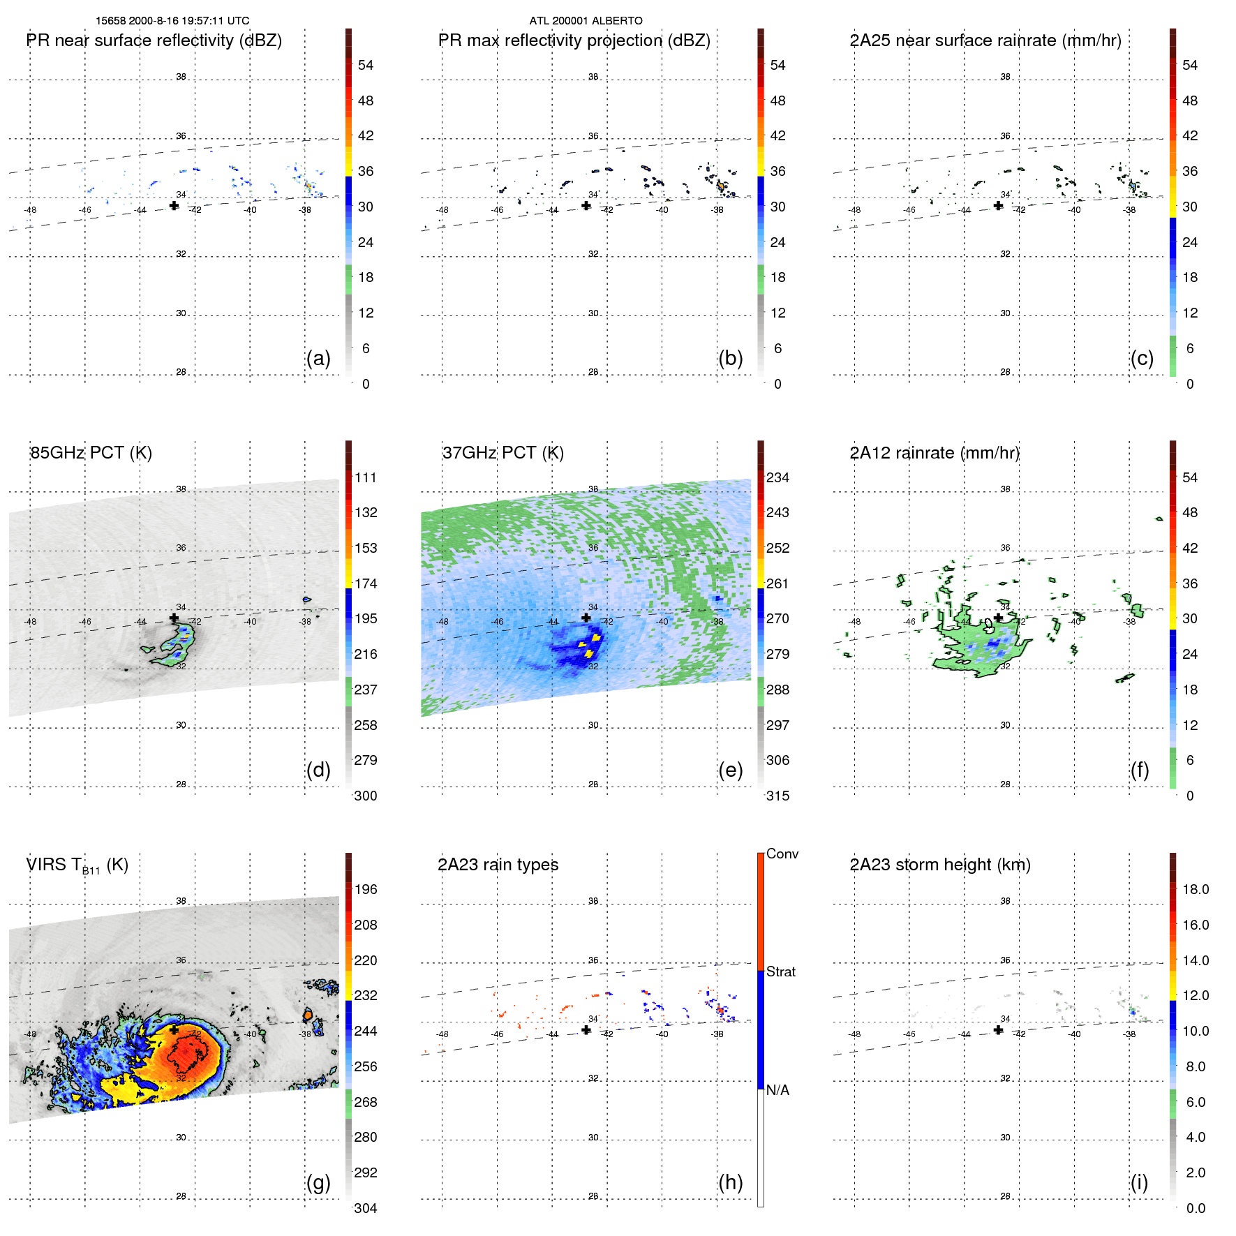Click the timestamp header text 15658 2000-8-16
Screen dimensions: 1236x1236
pos(172,21)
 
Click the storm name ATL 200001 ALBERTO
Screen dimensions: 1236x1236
pos(586,21)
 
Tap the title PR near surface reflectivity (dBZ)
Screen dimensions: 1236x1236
pos(154,40)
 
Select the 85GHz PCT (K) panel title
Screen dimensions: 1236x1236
pos(91,453)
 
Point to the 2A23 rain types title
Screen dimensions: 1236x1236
pos(498,865)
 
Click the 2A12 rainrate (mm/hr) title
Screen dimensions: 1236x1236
pos(935,453)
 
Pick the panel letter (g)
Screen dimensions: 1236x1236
pos(318,1182)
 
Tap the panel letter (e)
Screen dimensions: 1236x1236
pos(730,770)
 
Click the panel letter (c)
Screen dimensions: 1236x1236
pos(1142,359)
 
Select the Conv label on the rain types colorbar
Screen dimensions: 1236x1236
pos(782,854)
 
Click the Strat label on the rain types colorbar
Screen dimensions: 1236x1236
pos(781,971)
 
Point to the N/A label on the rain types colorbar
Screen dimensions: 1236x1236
pos(777,1090)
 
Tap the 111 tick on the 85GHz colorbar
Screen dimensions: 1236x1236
pos(366,477)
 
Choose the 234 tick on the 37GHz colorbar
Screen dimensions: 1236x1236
pos(777,477)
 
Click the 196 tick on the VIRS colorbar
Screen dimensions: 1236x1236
pos(366,889)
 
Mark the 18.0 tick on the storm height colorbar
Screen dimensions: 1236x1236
pos(1196,889)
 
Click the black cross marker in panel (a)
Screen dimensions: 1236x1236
pos(174,206)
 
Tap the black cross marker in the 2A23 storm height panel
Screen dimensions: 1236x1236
pos(998,1030)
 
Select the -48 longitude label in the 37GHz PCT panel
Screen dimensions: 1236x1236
pos(442,622)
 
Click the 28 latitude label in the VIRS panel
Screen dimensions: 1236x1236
pos(181,1196)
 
